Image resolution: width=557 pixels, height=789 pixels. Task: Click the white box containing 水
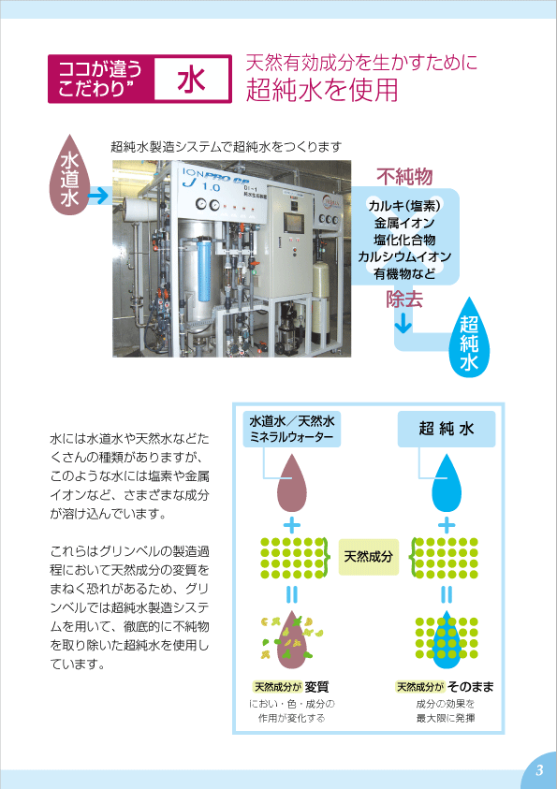191,79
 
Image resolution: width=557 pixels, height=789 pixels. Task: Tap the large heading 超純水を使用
322,90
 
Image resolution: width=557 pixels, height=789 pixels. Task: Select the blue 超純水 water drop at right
469,337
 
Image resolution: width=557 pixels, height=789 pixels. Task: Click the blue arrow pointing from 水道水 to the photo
99,195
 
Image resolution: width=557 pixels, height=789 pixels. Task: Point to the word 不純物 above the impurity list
404,177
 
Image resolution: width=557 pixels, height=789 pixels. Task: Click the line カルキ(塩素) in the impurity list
404,206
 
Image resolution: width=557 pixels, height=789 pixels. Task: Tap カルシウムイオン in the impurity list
404,256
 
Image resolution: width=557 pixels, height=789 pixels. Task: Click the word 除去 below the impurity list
404,300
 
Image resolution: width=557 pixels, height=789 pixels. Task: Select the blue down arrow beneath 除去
403,324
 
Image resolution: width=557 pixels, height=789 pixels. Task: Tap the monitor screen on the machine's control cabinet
294,224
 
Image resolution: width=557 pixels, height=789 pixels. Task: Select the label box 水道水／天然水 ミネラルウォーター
292,430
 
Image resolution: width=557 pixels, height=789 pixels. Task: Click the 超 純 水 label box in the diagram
447,430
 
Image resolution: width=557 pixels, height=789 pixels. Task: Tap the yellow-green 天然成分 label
368,557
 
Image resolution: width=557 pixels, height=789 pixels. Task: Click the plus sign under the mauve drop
292,525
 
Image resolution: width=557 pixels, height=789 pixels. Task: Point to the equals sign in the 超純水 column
447,594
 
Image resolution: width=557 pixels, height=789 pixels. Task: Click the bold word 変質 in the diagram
316,687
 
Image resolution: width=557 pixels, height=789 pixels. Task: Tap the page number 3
539,770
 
